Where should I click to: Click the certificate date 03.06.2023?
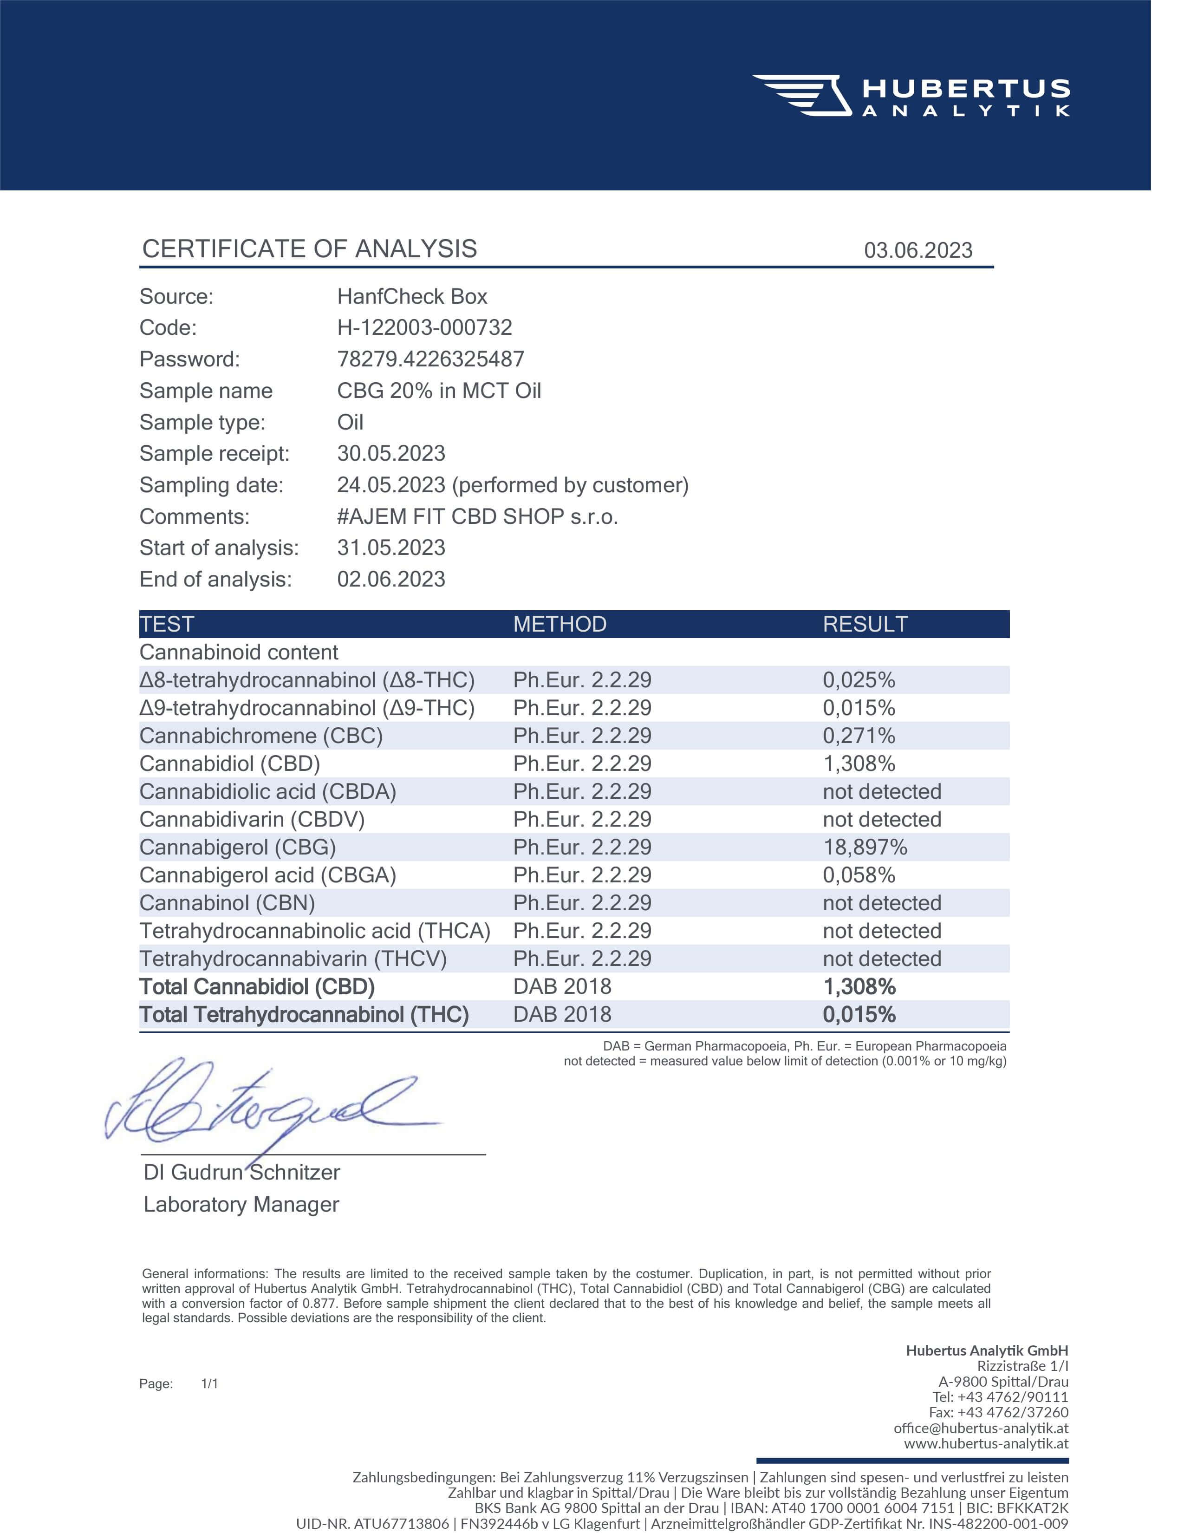[x=917, y=251]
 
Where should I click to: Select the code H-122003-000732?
[x=424, y=327]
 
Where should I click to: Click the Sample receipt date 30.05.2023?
[x=391, y=453]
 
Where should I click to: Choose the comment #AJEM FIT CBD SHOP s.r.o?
[x=477, y=516]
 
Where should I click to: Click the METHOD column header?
[x=559, y=624]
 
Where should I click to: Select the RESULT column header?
[x=865, y=624]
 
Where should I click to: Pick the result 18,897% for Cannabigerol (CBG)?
[x=865, y=847]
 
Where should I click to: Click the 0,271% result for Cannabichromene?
[x=859, y=736]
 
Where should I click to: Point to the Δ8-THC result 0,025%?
[x=859, y=680]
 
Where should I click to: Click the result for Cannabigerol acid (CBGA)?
[x=859, y=875]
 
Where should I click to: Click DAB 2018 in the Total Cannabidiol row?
[x=562, y=986]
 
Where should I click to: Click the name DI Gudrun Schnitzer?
[x=241, y=1172]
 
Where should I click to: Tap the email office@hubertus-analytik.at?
[x=981, y=1428]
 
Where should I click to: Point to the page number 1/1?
[x=209, y=1383]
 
